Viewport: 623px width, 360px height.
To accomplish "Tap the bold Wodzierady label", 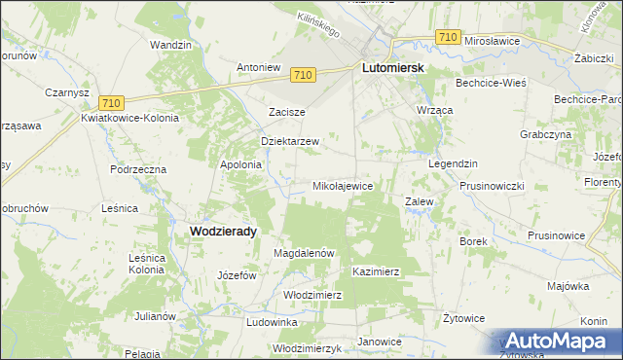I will point(224,231).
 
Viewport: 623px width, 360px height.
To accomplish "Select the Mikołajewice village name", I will point(342,185).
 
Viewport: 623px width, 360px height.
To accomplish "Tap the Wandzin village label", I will point(169,45).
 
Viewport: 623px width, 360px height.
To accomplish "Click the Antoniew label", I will point(259,67).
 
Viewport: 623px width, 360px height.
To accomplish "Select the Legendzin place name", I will point(453,163).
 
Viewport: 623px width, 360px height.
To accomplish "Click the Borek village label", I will point(473,240).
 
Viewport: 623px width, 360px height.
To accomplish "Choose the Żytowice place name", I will point(463,317).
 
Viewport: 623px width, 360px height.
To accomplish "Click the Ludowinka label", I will point(272,321).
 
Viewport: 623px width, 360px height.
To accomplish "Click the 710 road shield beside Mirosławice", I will point(448,37).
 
